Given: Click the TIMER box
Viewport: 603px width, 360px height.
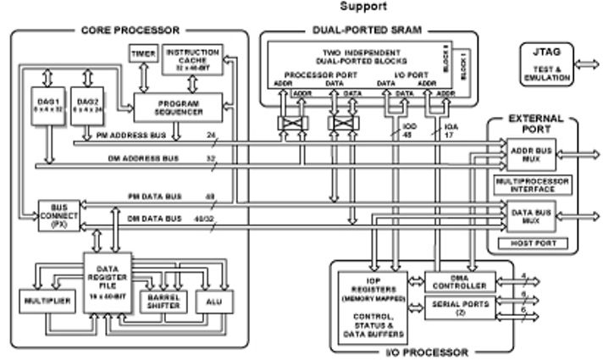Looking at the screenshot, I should (x=141, y=54).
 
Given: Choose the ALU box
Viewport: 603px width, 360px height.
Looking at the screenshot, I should (x=212, y=302).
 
